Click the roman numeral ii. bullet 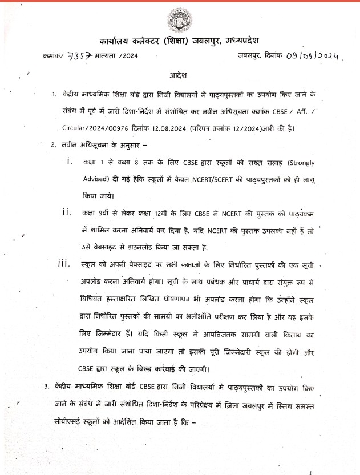coord(67,212)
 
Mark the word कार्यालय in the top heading coord(118,41)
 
